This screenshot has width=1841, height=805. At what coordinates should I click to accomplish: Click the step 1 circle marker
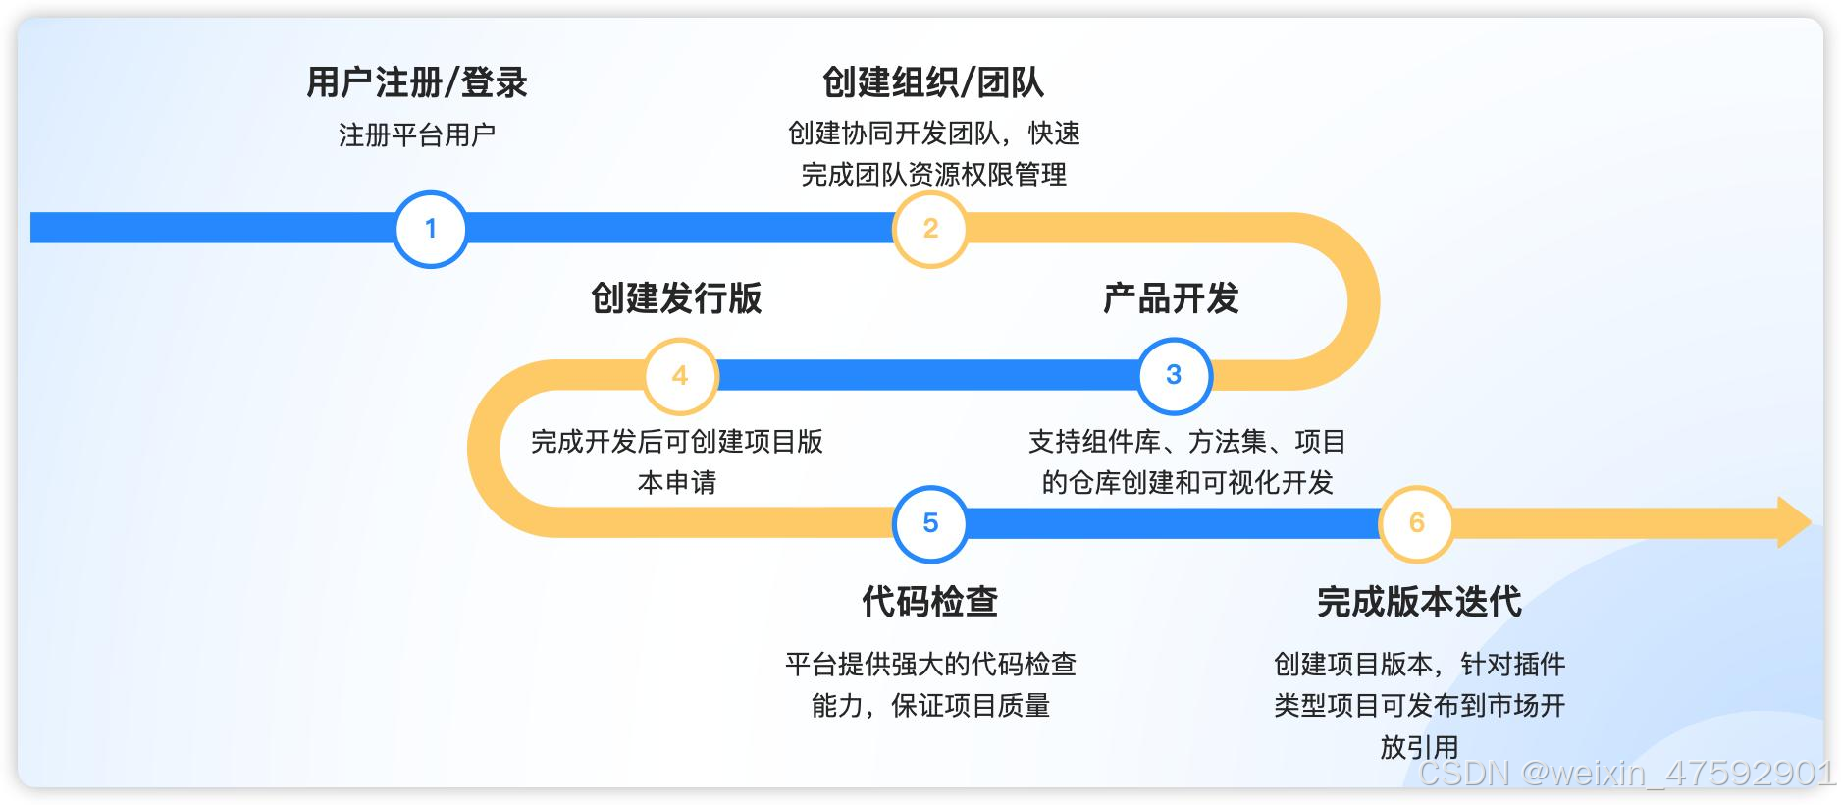click(430, 229)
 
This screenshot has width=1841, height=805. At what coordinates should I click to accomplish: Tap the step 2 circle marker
click(930, 229)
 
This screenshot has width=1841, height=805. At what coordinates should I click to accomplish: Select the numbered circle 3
click(1174, 375)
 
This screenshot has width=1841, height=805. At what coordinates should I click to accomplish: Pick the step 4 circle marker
click(680, 375)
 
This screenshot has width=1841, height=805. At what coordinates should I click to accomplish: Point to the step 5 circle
click(930, 523)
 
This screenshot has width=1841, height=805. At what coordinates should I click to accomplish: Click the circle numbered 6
click(1416, 523)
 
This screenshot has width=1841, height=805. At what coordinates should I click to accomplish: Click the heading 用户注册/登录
click(417, 82)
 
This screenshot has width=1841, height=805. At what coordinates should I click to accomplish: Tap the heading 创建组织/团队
click(932, 82)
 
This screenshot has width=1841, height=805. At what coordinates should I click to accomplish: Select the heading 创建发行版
click(676, 298)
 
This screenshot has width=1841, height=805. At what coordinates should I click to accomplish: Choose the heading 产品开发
click(1171, 298)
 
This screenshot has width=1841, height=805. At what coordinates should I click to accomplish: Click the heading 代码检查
click(929, 602)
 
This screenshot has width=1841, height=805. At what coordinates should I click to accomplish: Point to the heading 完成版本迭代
click(1419, 602)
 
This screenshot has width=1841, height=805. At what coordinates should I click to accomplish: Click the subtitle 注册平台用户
click(417, 134)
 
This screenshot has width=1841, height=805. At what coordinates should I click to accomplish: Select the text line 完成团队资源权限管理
click(933, 175)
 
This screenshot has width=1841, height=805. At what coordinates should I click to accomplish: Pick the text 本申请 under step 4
click(677, 483)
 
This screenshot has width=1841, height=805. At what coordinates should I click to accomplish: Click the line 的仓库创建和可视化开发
click(1186, 483)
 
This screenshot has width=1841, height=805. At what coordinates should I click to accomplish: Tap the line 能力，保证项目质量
click(930, 706)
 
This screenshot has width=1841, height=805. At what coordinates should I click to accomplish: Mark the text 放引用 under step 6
click(1419, 747)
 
